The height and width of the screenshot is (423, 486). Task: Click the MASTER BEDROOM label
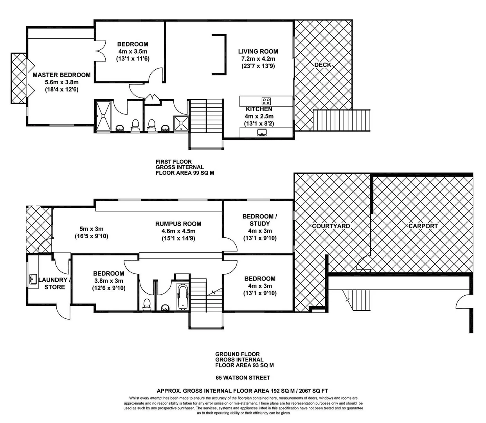click(61, 75)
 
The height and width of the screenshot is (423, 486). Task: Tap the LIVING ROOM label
click(258, 51)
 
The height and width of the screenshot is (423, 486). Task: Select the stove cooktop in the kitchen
click(266, 101)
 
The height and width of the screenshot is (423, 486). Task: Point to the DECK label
click(323, 65)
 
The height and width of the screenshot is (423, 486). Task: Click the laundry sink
click(32, 280)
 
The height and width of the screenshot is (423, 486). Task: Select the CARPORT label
click(423, 226)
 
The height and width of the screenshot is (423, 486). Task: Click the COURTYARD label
click(331, 226)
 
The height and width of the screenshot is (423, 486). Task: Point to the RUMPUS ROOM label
click(178, 224)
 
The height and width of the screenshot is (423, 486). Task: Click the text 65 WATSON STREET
click(243, 378)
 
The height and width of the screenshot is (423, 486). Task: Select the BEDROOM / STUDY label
click(258, 220)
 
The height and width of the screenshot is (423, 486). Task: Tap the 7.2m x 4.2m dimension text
click(258, 59)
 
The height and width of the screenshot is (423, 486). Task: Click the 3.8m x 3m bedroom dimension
click(109, 281)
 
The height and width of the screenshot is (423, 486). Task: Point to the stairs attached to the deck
click(342, 120)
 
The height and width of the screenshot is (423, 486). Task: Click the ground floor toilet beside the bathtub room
click(147, 304)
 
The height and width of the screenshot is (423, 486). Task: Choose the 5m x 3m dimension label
click(92, 229)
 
